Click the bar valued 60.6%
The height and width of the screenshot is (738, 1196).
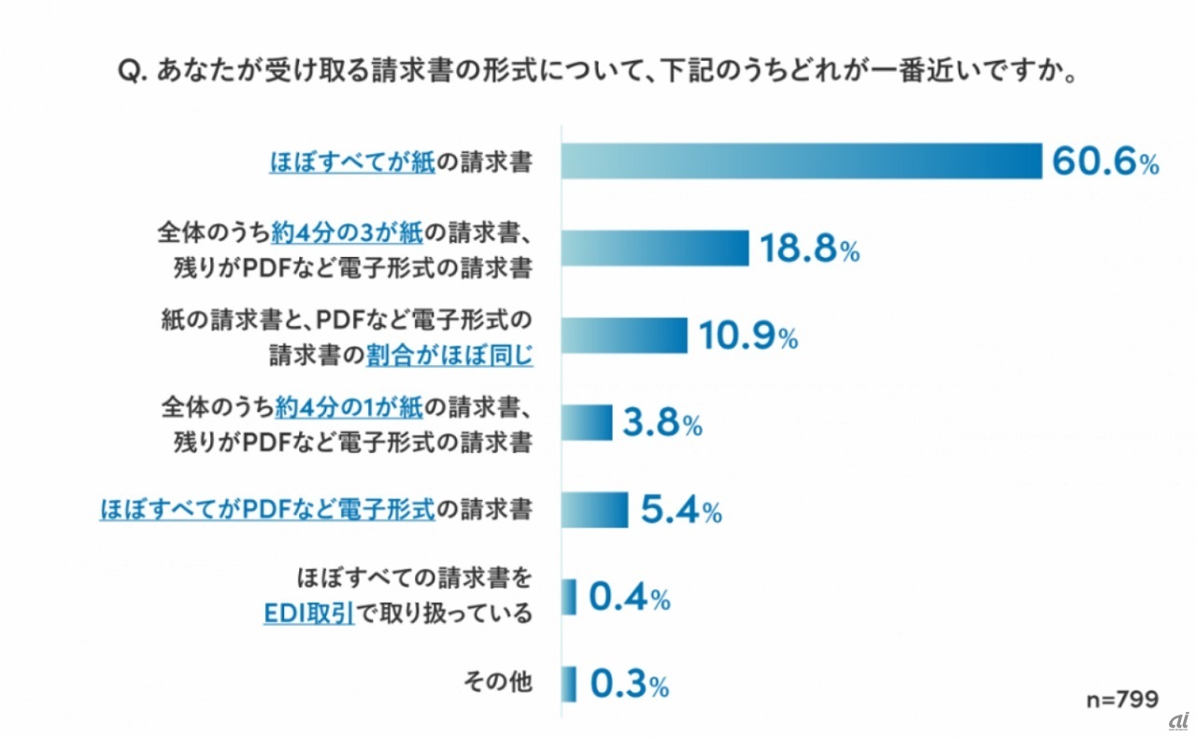(x=801, y=161)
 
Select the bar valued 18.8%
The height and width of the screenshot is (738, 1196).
(x=655, y=248)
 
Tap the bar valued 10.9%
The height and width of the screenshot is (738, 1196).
(x=624, y=335)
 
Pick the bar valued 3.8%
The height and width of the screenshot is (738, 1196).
(x=587, y=422)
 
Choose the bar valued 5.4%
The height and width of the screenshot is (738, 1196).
(x=594, y=510)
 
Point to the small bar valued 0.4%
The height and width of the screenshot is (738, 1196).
(x=569, y=597)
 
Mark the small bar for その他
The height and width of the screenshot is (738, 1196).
(x=569, y=684)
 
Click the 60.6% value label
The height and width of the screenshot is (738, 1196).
(x=1105, y=162)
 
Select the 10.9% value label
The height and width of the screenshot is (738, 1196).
(x=747, y=336)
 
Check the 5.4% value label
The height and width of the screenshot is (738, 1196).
(x=680, y=511)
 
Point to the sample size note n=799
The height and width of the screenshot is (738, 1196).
(x=1121, y=699)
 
